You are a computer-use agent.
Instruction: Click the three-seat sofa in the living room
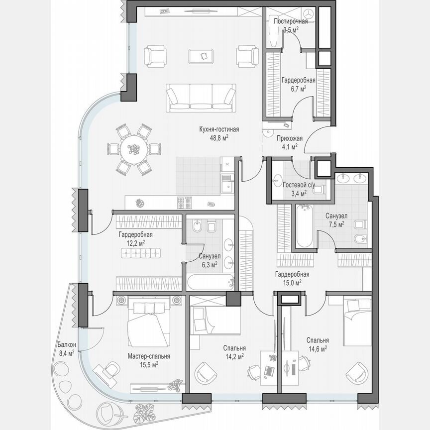201,97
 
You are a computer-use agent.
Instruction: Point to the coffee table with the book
202,56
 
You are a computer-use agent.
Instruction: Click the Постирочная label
291,21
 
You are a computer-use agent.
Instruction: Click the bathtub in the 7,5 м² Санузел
303,226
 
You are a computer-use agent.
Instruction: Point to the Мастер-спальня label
149,356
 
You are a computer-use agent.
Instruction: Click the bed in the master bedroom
148,323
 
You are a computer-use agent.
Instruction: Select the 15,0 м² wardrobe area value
293,282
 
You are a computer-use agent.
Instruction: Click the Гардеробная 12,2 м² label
135,234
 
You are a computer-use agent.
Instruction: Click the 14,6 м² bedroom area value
318,349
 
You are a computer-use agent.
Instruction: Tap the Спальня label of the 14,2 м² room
234,348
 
